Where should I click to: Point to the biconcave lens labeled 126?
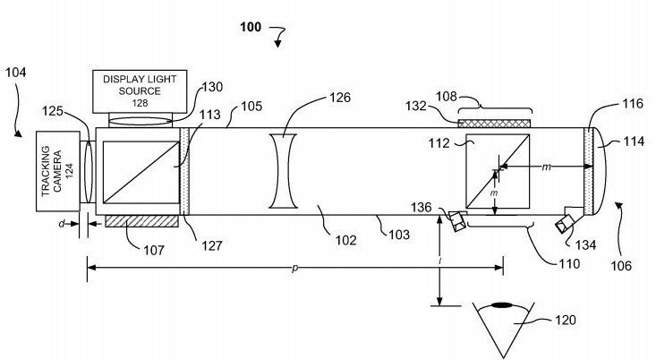pos(283,172)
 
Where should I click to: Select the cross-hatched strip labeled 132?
pos(494,123)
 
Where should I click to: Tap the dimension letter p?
pos(295,267)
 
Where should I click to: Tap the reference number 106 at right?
pos(619,265)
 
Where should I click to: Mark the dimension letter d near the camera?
pos(60,224)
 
